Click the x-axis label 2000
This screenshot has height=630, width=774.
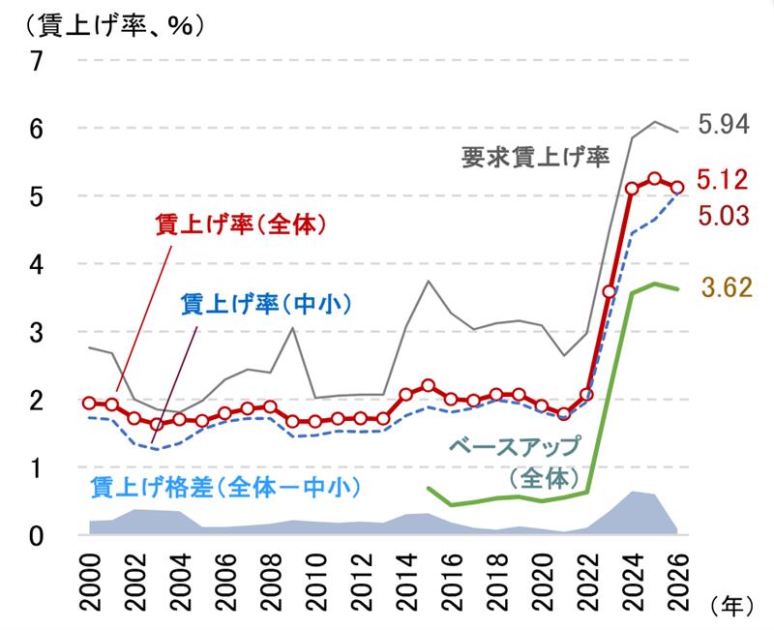tap(90, 578)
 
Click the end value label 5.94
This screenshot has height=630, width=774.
tap(724, 124)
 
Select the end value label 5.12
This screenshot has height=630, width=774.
tap(724, 179)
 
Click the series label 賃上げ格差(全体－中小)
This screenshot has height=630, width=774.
tap(224, 486)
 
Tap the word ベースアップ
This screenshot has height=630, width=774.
tap(513, 447)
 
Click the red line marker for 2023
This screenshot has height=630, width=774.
tap(610, 291)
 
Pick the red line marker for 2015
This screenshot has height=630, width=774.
tap(428, 385)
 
